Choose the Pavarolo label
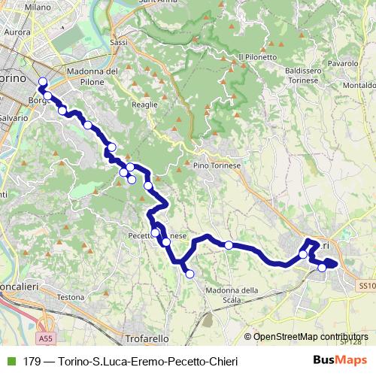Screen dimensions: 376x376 (341, 64)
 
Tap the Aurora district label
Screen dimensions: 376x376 (17, 33)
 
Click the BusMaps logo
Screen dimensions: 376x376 (335, 362)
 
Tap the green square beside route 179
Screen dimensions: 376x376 (11, 362)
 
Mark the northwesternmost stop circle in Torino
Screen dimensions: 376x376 (43, 82)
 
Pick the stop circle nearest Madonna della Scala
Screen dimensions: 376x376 (190, 274)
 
